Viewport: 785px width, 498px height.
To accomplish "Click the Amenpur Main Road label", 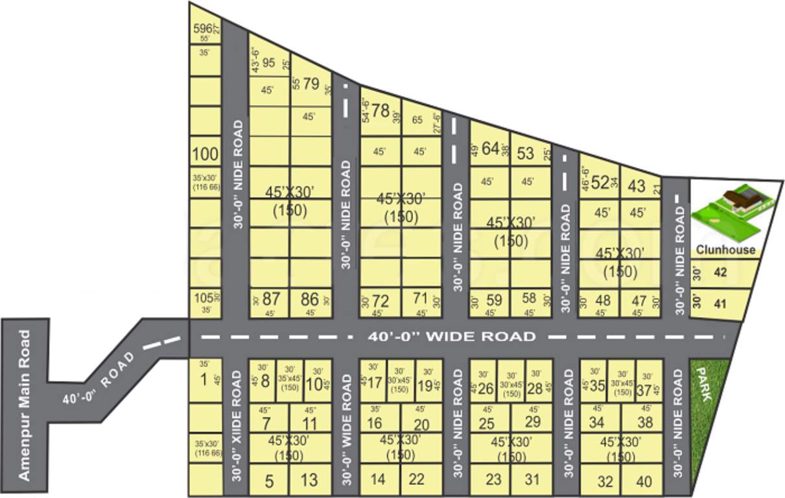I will pos(25,405).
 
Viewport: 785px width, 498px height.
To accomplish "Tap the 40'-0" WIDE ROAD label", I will pos(451,337).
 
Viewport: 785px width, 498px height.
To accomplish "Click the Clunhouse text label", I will pos(725,250).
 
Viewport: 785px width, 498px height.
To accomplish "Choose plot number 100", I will pos(205,154).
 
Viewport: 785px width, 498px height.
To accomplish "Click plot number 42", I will pos(720,272).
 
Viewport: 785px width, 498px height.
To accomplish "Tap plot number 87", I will pos(271,300).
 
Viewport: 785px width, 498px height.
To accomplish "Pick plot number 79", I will pos(311,84).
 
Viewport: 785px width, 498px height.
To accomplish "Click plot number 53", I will pos(525,154).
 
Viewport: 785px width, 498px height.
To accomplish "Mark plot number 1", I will pos(204,379).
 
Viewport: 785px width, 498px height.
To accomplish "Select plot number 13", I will pos(309,480).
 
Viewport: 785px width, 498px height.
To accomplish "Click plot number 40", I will pos(644,482).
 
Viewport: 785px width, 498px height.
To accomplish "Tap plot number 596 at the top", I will pos(203,28).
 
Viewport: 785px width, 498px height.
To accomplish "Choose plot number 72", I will pos(381,301).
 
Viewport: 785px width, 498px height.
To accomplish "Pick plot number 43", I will pos(637,186).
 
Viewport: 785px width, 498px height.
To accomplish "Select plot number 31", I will pos(532,480).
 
